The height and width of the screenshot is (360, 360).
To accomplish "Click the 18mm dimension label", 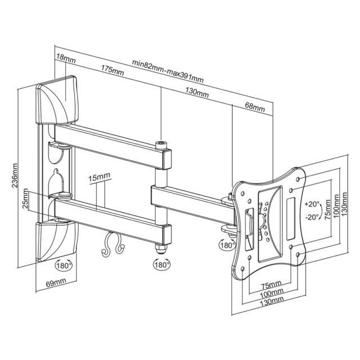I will pos(65,58).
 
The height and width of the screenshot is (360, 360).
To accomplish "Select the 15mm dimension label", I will pos(99,176).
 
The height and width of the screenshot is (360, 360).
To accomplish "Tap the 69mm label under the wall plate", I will pos(56,281).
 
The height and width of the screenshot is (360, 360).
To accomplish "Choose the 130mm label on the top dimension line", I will pos(196,92).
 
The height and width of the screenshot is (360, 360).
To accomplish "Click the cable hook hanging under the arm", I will pos(110,242).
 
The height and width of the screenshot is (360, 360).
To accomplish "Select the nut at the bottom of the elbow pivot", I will pos(161,247).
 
